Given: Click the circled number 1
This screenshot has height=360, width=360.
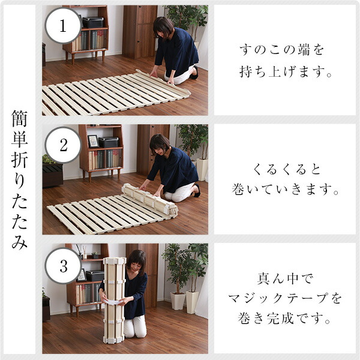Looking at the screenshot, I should coord(63,25).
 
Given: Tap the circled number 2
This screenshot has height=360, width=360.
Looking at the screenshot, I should coord(63,145).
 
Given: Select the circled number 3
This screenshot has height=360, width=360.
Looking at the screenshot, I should coord(63,265).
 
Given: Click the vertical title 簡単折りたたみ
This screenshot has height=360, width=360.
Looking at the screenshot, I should coord(19,180).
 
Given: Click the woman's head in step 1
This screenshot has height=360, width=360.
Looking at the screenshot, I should coord(163,26).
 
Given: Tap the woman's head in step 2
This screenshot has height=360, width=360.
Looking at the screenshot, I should coord(159,143).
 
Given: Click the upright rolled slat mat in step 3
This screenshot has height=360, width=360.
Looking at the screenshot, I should coord(114,300).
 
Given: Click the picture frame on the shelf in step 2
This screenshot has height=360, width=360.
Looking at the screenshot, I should coord(93,142).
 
